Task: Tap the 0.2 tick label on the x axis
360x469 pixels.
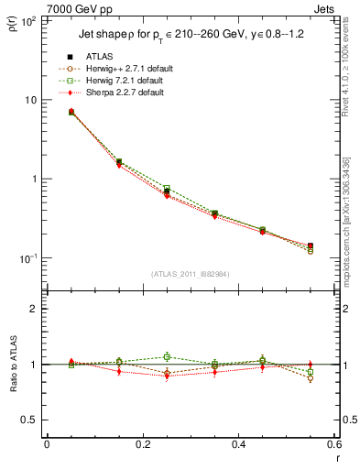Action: click(x=142, y=444)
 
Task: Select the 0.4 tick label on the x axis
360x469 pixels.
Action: click(x=238, y=444)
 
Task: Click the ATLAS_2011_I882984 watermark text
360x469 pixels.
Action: click(x=191, y=272)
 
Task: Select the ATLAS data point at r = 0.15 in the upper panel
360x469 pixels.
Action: click(x=119, y=162)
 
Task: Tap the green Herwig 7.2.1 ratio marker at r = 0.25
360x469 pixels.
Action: click(x=167, y=356)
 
